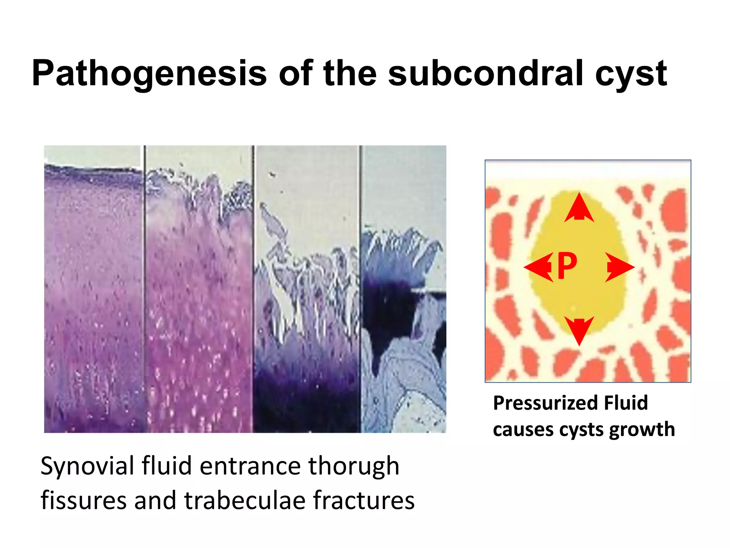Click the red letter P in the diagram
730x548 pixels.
click(x=567, y=265)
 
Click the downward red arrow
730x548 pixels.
click(x=579, y=330)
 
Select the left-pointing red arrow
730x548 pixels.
click(x=538, y=267)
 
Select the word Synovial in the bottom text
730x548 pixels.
click(x=87, y=466)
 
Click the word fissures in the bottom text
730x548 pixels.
click(x=83, y=500)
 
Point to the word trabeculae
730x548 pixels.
click(x=245, y=500)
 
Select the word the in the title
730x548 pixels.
click(x=350, y=73)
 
